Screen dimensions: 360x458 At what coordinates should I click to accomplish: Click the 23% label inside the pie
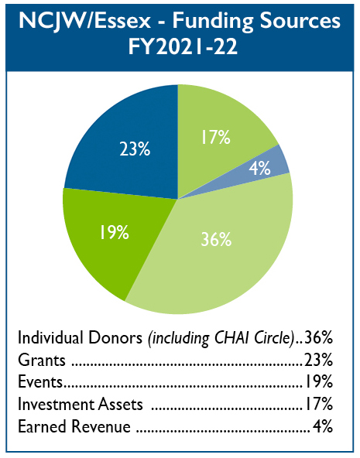point(135,149)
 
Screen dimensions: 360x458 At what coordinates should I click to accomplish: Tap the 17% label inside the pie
point(216,137)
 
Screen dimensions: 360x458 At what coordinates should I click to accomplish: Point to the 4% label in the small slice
point(259,168)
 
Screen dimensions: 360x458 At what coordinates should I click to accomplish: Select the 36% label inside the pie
point(216,240)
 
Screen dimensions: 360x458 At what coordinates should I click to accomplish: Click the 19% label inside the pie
point(115,233)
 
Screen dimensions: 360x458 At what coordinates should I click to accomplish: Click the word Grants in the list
point(42,361)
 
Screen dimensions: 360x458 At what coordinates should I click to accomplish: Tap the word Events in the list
point(40,382)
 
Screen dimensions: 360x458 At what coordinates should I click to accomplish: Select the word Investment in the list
point(56,405)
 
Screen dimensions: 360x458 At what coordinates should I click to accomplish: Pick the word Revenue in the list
point(101,426)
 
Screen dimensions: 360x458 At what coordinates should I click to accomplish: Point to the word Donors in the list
point(115,338)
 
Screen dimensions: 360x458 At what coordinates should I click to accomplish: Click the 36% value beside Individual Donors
point(318,338)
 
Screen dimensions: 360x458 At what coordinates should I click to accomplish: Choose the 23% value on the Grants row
point(318,361)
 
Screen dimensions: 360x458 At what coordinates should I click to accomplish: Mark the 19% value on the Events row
point(319,382)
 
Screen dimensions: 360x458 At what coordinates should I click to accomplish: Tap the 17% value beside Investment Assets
point(319,405)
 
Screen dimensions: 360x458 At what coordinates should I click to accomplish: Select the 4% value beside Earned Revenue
point(323,426)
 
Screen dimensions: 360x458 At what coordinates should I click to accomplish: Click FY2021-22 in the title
point(183,46)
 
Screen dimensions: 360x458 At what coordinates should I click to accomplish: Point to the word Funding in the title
point(212,22)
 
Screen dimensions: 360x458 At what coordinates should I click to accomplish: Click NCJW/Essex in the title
point(84,21)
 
